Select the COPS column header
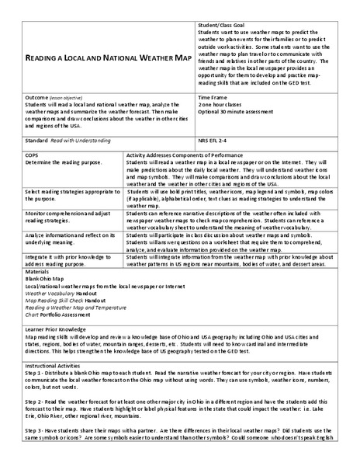[x=33, y=156]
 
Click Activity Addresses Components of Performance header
[x=179, y=156]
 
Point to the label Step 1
[x=36, y=371]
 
